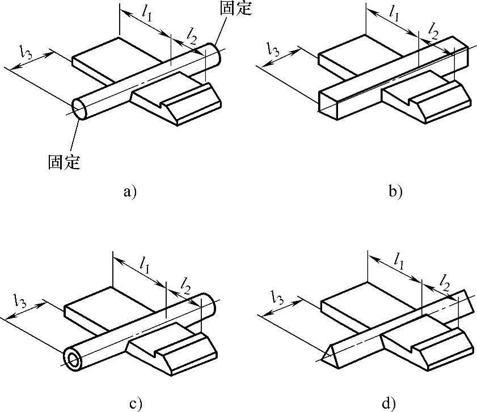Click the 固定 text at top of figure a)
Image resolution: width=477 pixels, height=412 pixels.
[x=234, y=9]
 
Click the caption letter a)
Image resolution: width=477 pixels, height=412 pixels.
[x=130, y=191]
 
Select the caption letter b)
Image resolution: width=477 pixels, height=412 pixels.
[x=395, y=191]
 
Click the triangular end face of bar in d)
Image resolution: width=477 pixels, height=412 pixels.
[x=330, y=355]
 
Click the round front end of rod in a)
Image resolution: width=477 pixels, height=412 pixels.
[x=80, y=109]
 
